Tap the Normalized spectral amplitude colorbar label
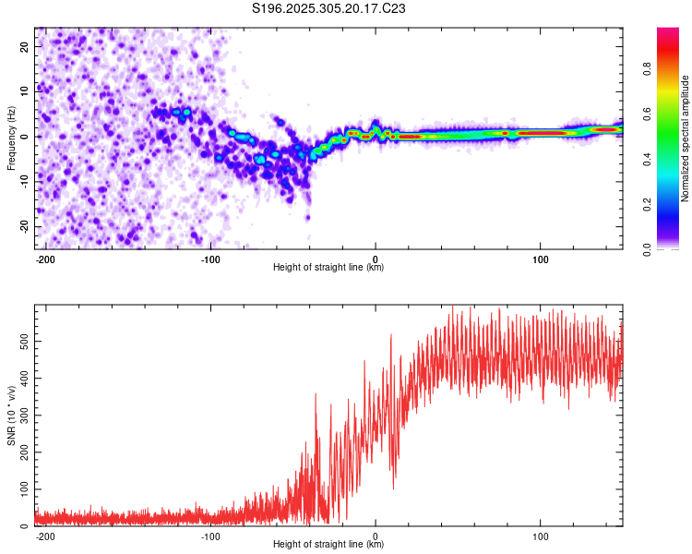click(686, 138)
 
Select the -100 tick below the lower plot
click(210, 535)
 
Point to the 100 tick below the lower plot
click(540, 535)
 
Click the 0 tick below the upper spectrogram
click(376, 258)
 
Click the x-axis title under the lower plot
click(328, 545)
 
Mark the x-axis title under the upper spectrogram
click(328, 268)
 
